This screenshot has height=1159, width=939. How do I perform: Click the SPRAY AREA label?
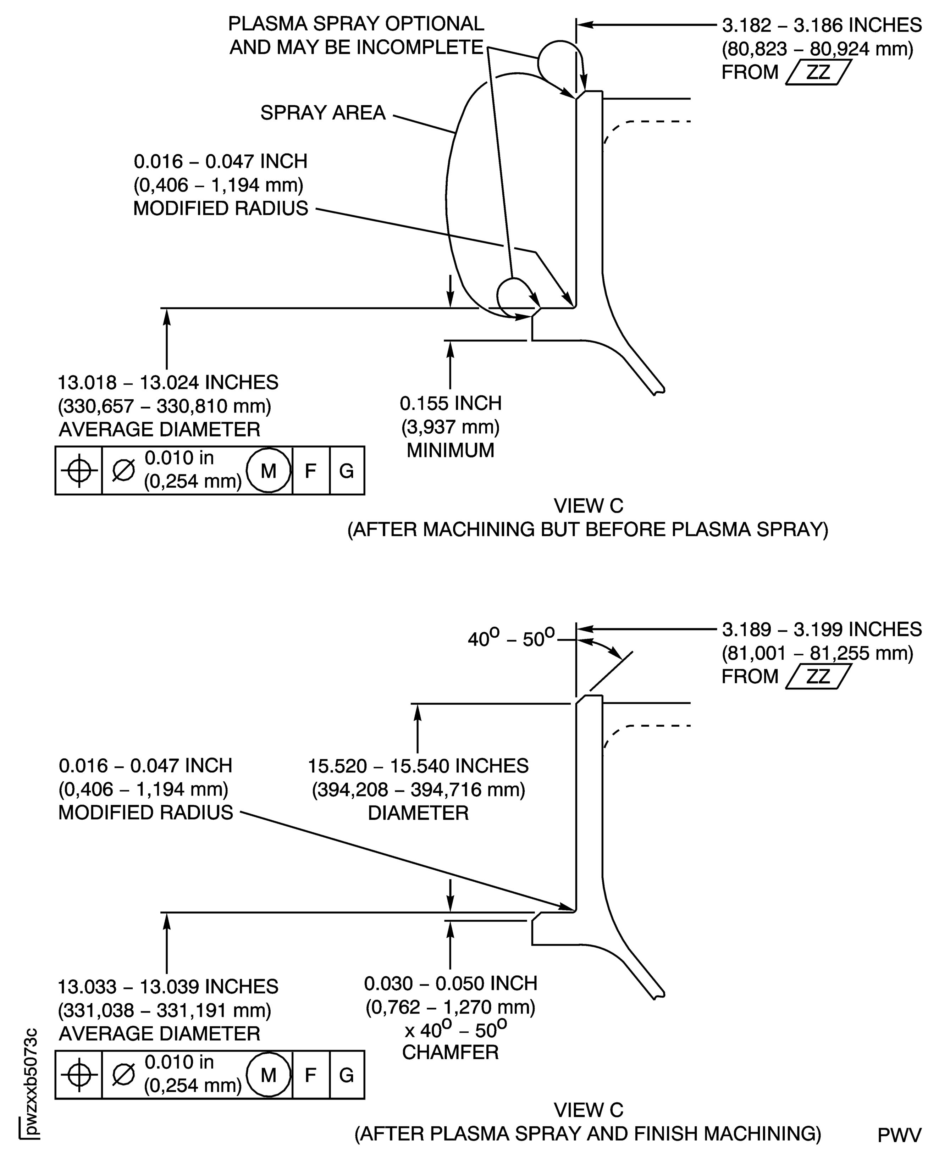323,112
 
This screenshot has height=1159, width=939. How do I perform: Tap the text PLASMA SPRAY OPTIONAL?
356,24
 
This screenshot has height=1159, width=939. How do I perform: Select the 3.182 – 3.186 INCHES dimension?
822,25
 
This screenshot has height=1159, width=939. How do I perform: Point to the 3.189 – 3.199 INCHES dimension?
822,629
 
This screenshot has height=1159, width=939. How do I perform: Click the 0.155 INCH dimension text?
451,403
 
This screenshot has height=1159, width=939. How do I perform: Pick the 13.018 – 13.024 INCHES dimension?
168,382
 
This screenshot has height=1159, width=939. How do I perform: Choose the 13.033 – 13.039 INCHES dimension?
168,987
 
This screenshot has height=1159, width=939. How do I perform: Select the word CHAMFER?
451,1053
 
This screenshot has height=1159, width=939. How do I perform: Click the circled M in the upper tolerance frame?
269,471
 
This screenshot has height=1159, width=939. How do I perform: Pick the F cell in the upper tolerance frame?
310,471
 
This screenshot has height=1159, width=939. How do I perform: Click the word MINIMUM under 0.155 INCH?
451,450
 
